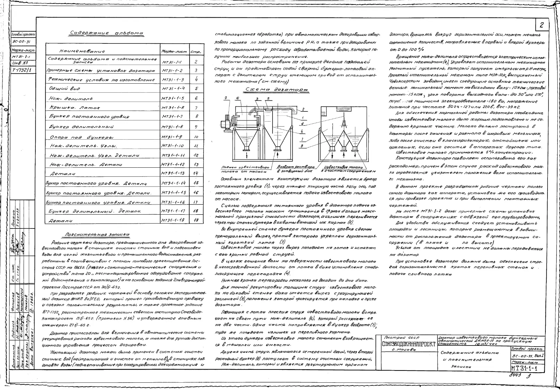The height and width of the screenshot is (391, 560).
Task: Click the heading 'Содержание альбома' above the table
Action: [107, 33]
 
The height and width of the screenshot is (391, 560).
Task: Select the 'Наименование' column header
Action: [77, 51]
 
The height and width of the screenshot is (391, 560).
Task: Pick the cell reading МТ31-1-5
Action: [173, 98]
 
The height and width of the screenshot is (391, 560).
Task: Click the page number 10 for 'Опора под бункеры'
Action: [196, 137]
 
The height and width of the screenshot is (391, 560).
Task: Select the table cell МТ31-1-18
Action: [173, 220]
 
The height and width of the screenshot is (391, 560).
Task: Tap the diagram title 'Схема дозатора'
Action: [277, 90]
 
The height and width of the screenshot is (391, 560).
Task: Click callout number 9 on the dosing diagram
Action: [226, 98]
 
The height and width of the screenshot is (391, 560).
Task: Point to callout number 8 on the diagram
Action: [302, 146]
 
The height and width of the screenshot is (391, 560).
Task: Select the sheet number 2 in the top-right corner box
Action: [542, 25]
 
